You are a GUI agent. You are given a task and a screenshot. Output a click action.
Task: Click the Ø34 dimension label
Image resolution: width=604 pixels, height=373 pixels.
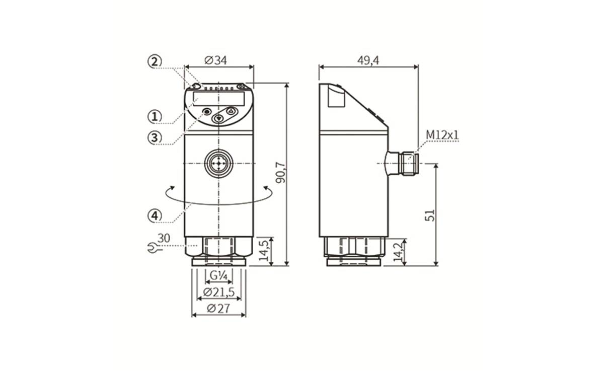tap(216, 60)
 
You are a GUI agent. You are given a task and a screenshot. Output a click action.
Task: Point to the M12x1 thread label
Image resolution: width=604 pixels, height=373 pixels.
tap(442, 135)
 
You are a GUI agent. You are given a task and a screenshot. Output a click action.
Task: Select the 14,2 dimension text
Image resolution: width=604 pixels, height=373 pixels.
tap(398, 252)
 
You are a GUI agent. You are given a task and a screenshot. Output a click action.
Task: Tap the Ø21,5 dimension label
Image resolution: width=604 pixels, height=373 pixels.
tap(218, 292)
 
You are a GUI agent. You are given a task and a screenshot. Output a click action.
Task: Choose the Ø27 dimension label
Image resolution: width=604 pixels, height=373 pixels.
tap(218, 309)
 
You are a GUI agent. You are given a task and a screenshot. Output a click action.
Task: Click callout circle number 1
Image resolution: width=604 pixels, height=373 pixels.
tap(154, 116)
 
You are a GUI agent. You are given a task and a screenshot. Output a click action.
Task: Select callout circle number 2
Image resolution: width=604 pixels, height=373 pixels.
tap(154, 61)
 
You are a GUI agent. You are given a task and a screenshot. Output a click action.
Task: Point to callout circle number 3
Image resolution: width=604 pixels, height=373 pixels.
tap(154, 137)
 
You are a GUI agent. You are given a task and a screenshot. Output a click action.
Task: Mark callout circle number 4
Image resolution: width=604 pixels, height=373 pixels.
tap(154, 215)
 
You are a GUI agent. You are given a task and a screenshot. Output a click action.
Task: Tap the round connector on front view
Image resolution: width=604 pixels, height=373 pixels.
tap(219, 164)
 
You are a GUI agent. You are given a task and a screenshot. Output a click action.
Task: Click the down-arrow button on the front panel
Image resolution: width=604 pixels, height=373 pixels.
tap(219, 119)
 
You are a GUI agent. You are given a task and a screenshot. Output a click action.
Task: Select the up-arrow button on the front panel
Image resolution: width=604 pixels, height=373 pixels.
tap(231, 111)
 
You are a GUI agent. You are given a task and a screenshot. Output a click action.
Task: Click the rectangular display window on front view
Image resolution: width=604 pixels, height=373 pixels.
tap(218, 98)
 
